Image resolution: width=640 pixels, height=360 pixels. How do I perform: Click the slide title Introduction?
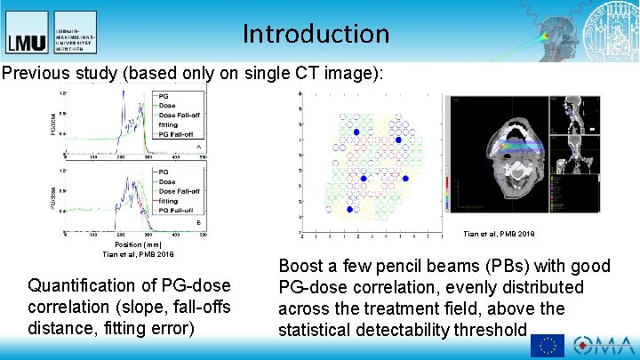click(x=316, y=34)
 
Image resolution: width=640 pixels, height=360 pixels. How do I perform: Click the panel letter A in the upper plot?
click(x=198, y=146)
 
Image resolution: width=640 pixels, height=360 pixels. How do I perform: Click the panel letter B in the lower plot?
click(x=198, y=222)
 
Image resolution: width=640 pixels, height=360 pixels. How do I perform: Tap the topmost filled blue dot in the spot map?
click(x=356, y=132)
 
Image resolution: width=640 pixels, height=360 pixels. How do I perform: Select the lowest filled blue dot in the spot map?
click(x=349, y=210)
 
